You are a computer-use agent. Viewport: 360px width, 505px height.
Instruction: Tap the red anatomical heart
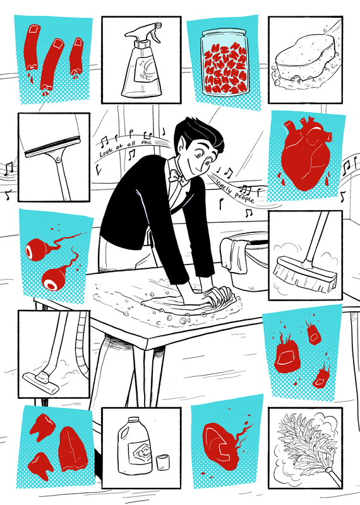[304, 155]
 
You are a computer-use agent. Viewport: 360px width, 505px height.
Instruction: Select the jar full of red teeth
[224, 62]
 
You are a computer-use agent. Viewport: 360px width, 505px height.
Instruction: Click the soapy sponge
[305, 61]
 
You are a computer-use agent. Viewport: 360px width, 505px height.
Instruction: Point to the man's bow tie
[181, 178]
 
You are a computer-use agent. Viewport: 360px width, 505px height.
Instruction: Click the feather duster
[306, 444]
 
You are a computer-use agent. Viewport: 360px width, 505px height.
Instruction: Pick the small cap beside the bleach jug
[163, 462]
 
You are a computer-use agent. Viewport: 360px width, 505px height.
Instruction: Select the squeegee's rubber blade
[52, 146]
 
